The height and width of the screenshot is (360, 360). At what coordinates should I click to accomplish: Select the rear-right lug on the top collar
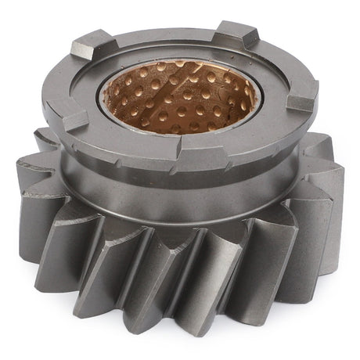tap(234, 34)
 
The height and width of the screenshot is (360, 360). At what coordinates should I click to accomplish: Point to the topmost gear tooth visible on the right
tap(317, 145)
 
